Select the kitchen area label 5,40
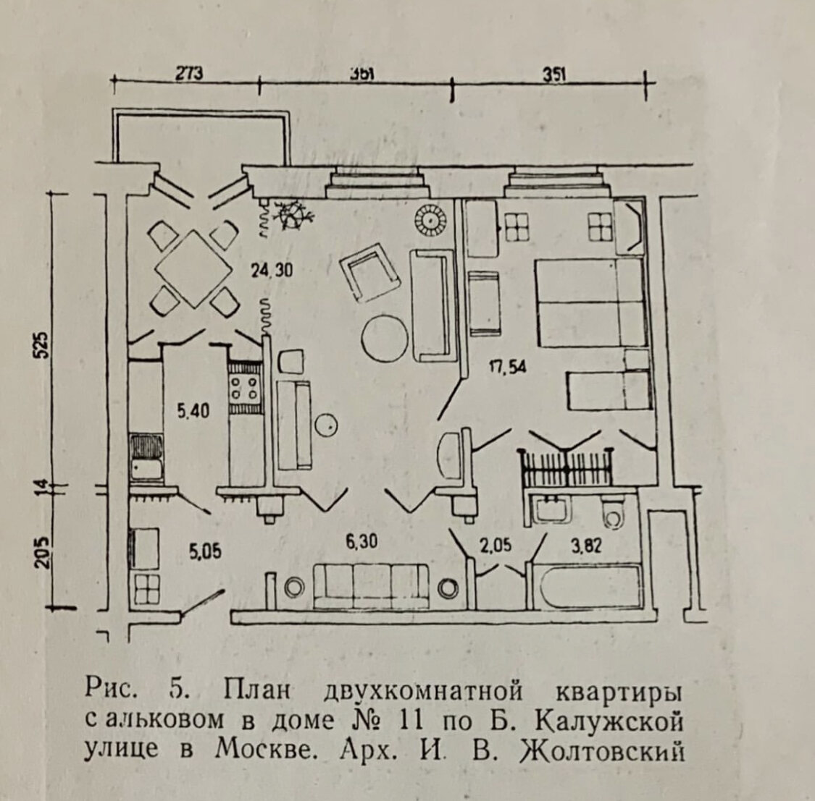[x=193, y=412]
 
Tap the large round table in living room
[x=384, y=338]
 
